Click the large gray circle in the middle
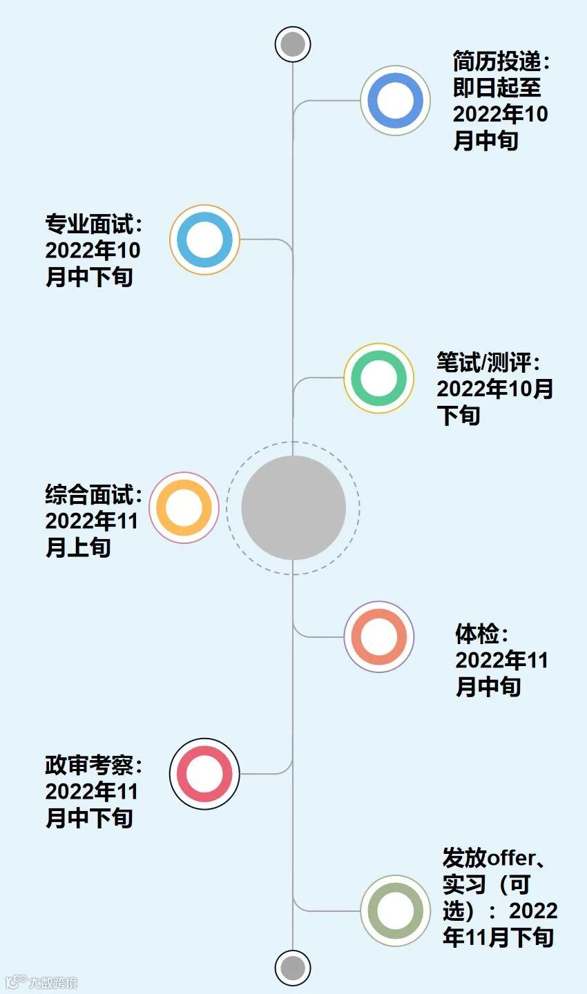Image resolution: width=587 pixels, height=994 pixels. pos(293,507)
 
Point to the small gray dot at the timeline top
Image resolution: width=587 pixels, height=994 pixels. pos(293,44)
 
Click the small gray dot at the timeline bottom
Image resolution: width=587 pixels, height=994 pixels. pos(293,967)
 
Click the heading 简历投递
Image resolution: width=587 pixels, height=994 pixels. pos(497,61)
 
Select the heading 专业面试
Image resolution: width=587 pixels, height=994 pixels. pos(89,224)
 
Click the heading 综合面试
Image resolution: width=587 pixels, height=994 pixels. pos(89,495)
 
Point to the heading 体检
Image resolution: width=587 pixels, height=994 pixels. pos(477,634)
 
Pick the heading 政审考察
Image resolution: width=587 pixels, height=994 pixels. pos(89,766)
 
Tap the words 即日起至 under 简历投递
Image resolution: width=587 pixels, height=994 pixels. pos(497,88)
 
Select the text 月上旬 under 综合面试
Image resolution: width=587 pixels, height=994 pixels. pos(78,548)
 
